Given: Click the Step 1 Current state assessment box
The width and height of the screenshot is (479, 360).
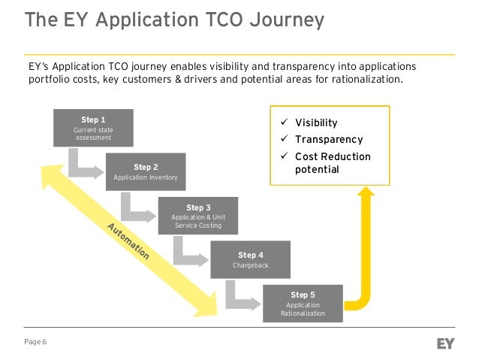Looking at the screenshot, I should pyautogui.click(x=93, y=129).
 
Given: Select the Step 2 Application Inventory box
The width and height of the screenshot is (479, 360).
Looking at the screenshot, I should pyautogui.click(x=146, y=172).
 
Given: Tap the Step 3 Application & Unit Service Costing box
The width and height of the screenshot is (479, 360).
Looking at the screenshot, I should pyautogui.click(x=198, y=216).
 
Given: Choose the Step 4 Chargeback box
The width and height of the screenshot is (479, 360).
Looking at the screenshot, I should pyautogui.click(x=251, y=260).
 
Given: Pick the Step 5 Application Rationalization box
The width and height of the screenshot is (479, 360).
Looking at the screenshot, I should pyautogui.click(x=303, y=304).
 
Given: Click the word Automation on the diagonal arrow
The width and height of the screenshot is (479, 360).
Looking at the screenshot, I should pyautogui.click(x=128, y=241).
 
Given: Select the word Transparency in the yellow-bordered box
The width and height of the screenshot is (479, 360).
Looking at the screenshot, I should pyautogui.click(x=328, y=139).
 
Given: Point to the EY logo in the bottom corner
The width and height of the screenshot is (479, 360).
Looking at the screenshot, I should pyautogui.click(x=447, y=343).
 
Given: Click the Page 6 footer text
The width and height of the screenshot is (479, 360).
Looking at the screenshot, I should pyautogui.click(x=35, y=343).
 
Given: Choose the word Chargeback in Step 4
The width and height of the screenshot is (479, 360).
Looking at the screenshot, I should pyautogui.click(x=251, y=265).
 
